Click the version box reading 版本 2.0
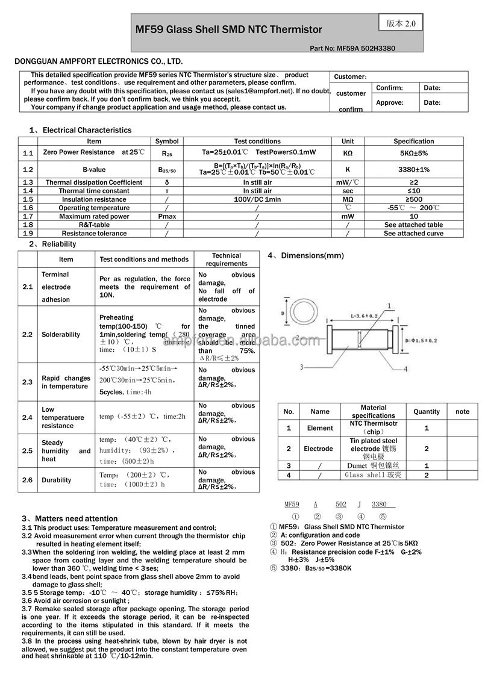(x=401, y=23)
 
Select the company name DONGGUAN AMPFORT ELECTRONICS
(x=98, y=61)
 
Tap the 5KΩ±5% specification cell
(x=413, y=153)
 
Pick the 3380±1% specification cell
(x=413, y=170)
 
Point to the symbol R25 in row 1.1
(x=167, y=153)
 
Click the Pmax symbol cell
(x=167, y=216)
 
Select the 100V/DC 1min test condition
(x=257, y=199)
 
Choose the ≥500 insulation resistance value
(x=413, y=199)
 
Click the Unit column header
(x=348, y=141)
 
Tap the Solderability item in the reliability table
(x=61, y=334)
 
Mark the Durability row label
(x=57, y=480)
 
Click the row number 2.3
(x=28, y=382)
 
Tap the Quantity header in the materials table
(x=427, y=411)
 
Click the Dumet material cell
(x=373, y=465)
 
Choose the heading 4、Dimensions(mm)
(x=305, y=256)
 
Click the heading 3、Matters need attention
(x=70, y=518)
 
